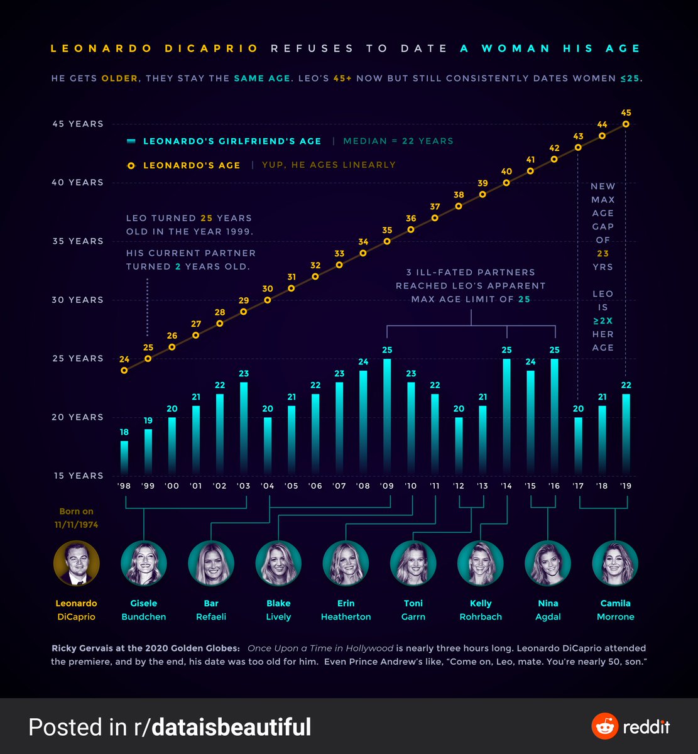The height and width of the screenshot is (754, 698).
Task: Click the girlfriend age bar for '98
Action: point(124,457)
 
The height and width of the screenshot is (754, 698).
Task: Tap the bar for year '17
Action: point(578,445)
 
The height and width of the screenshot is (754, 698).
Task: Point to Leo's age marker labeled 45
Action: point(626,124)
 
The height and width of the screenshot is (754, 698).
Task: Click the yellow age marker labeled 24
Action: point(124,370)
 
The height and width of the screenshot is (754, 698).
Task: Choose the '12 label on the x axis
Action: point(459,486)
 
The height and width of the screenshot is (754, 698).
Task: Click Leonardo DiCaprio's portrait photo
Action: point(77,562)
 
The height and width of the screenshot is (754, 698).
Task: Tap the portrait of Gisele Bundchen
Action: point(144,562)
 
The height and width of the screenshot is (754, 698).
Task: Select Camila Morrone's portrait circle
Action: point(615,562)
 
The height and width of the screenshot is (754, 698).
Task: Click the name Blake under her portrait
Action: point(278,603)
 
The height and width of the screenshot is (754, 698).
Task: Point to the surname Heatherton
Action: point(346,617)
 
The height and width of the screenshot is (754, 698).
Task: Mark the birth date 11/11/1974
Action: point(77,525)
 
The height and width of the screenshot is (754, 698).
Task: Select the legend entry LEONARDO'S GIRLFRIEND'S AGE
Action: point(232,141)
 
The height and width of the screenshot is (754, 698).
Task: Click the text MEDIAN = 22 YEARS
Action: point(398,141)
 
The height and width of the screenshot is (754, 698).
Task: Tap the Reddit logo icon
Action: point(605,727)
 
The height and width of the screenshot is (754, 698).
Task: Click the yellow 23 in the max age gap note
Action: point(603,253)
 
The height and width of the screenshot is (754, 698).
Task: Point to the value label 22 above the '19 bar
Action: point(626,385)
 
